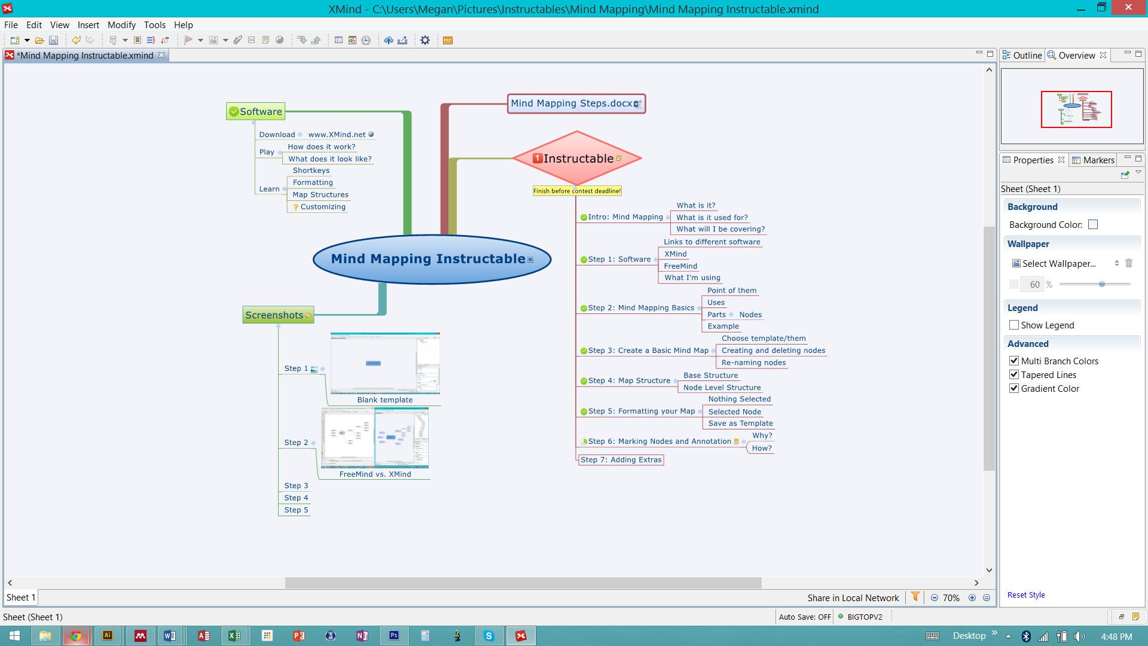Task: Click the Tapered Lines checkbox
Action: click(x=1014, y=374)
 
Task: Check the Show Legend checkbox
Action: click(x=1014, y=325)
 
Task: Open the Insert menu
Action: click(x=88, y=25)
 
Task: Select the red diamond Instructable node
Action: click(x=577, y=159)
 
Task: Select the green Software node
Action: click(x=256, y=111)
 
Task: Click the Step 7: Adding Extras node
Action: click(x=621, y=459)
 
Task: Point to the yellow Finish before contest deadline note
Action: click(x=577, y=191)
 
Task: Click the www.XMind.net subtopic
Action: click(x=337, y=135)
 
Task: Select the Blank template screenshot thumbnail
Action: click(x=385, y=363)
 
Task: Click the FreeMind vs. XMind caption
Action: click(x=375, y=474)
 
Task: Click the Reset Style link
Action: click(x=1026, y=595)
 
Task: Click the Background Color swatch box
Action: click(x=1093, y=224)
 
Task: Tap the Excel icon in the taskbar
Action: click(x=234, y=636)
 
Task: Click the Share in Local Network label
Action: click(x=853, y=598)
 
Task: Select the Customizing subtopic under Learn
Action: click(x=323, y=207)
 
